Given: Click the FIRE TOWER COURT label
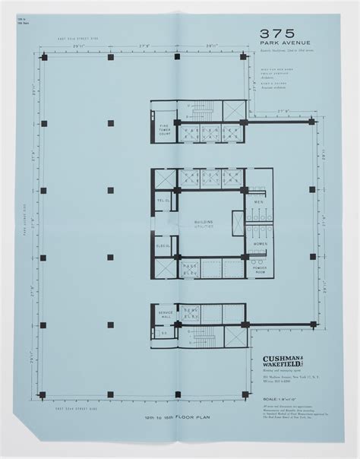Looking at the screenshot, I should tap(163, 131).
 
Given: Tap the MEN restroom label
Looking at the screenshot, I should tap(258, 202).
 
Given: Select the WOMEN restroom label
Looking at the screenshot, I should tap(258, 244).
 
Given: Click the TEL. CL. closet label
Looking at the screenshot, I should tap(163, 201).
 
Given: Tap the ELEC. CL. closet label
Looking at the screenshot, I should tap(163, 246).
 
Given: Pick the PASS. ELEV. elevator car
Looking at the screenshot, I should tap(190, 268).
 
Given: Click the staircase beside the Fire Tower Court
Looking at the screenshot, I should tap(201, 112).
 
